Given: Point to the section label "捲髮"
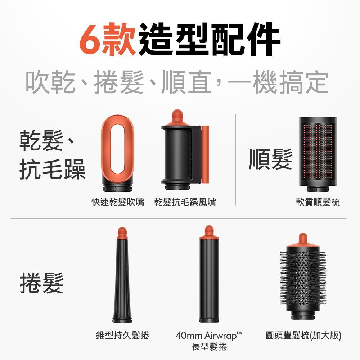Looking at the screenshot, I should pos(42,283).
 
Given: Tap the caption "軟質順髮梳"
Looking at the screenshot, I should pos(318,203).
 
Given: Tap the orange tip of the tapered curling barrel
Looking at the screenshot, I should pos(122,233).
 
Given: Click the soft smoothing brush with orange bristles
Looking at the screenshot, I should pos(318,153).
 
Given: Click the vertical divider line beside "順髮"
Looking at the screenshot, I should pos(236,160).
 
